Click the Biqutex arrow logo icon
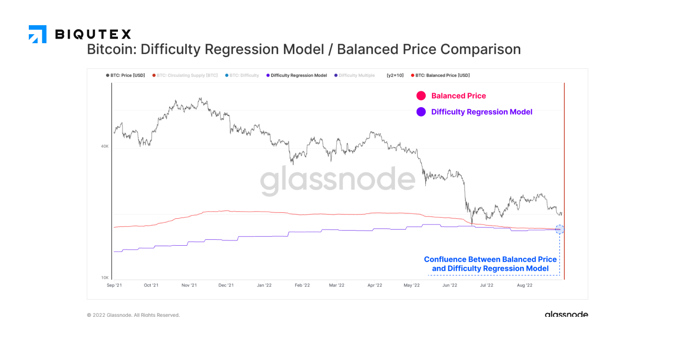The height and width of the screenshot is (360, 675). [x=37, y=34]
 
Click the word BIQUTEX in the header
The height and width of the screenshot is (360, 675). [x=93, y=34]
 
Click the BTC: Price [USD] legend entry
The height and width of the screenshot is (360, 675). [x=126, y=76]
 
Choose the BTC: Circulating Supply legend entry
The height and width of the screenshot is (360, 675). [x=185, y=76]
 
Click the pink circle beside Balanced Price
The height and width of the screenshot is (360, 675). [x=421, y=96]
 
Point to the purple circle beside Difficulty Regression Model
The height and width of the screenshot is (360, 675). [x=421, y=112]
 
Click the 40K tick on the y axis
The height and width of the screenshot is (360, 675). [x=104, y=146]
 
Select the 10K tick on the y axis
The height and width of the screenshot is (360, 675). [x=104, y=278]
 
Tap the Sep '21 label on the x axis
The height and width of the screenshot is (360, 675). [x=114, y=285]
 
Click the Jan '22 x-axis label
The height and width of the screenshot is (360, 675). [x=264, y=285]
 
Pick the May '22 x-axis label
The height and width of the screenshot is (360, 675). [x=412, y=285]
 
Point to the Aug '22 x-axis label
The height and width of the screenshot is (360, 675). [x=525, y=285]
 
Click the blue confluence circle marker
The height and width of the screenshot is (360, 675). [x=559, y=229]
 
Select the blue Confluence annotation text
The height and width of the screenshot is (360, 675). [x=490, y=264]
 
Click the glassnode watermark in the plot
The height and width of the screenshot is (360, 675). [x=337, y=180]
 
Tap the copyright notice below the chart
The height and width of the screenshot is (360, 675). [x=133, y=315]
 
